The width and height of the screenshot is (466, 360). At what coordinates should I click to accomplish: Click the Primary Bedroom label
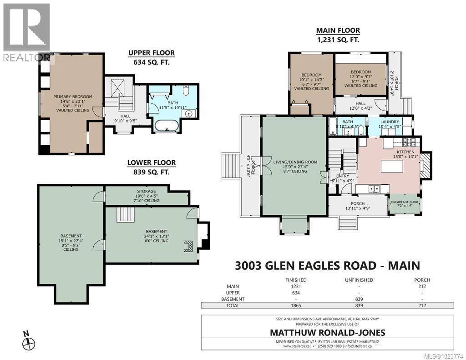72,96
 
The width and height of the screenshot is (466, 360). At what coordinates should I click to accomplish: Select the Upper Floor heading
151,53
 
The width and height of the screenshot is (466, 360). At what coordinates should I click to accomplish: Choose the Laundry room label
390,122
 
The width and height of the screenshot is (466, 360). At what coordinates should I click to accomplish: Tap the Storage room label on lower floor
146,192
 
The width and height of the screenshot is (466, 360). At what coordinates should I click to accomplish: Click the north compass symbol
28,341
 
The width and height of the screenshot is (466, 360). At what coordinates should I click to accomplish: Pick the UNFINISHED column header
359,280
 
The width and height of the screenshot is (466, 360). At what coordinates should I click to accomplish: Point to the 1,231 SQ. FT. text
338,40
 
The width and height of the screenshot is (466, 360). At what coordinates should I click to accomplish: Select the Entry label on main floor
342,176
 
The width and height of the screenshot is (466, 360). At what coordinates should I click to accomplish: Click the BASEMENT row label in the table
233,299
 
